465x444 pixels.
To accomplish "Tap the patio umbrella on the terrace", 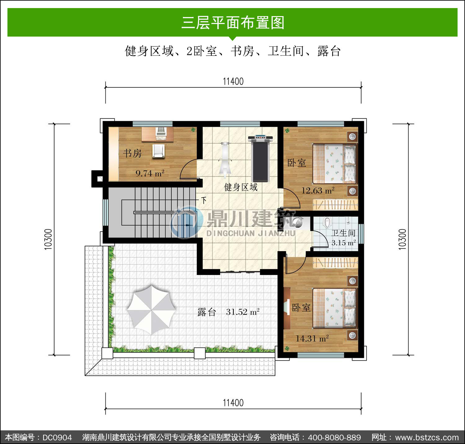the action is (151, 310).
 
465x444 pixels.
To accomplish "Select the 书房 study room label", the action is (132, 153).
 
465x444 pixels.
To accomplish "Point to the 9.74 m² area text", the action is (150, 173).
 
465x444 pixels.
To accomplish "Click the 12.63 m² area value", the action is (318, 190).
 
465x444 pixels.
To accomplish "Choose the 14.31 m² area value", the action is (312, 339).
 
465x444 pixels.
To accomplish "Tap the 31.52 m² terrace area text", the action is (243, 312).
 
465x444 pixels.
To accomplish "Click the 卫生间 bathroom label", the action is (343, 233).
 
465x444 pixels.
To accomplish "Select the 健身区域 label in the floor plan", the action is (241, 187).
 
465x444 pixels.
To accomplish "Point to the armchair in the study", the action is (158, 151).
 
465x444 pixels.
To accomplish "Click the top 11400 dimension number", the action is (233, 82).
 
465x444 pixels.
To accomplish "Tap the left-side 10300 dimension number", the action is (48, 239).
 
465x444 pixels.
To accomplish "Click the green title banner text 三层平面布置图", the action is (233, 23).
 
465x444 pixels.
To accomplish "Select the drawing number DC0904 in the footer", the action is (57, 437).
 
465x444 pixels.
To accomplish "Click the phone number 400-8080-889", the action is (334, 437).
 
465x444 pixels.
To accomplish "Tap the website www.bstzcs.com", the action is (427, 437).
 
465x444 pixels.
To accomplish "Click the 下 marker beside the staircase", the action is (204, 200).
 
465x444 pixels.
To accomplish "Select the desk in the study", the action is (157, 134).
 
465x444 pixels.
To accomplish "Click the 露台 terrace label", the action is (207, 312).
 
